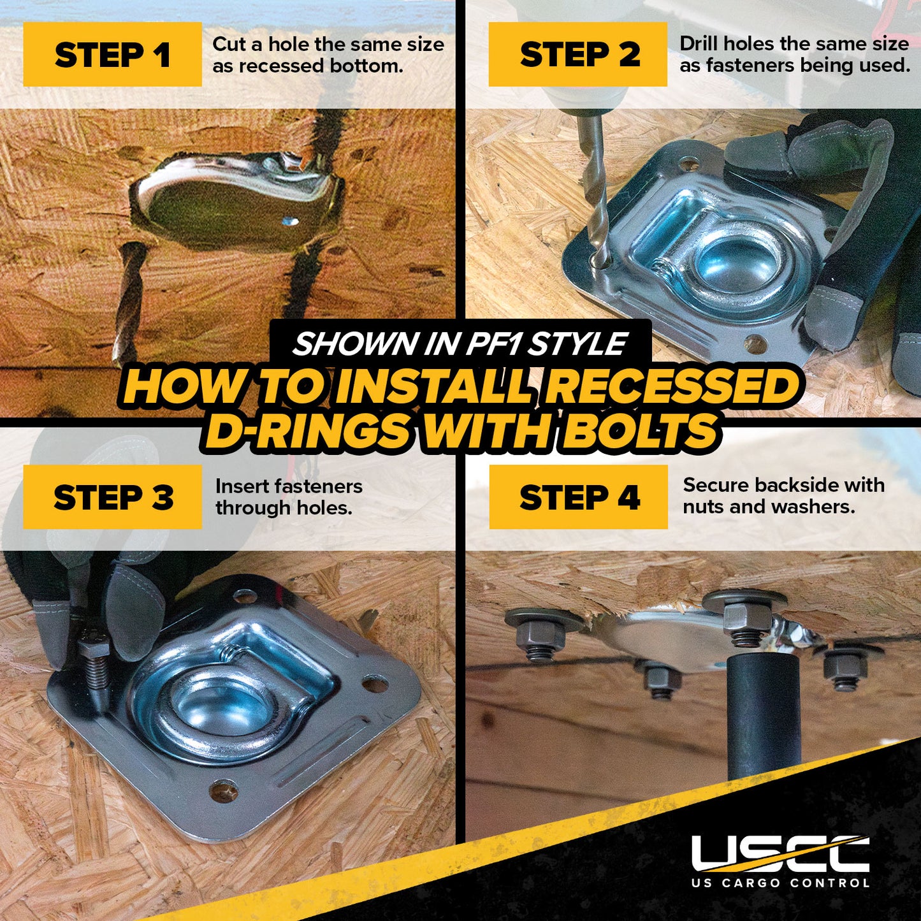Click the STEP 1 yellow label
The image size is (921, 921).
pyautogui.click(x=112, y=55)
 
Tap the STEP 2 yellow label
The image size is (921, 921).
pyautogui.click(x=577, y=55)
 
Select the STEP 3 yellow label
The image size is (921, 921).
pyautogui.click(x=112, y=497)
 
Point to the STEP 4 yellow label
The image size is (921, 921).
pyautogui.click(x=578, y=497)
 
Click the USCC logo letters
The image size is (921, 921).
pyautogui.click(x=780, y=853)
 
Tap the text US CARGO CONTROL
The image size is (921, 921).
pyautogui.click(x=780, y=883)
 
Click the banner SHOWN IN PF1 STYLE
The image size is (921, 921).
pyautogui.click(x=460, y=344)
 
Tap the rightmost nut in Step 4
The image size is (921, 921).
pyautogui.click(x=845, y=669)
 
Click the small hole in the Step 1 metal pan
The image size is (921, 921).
pyautogui.click(x=290, y=222)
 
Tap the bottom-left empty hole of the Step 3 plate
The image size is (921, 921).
pyautogui.click(x=224, y=793)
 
